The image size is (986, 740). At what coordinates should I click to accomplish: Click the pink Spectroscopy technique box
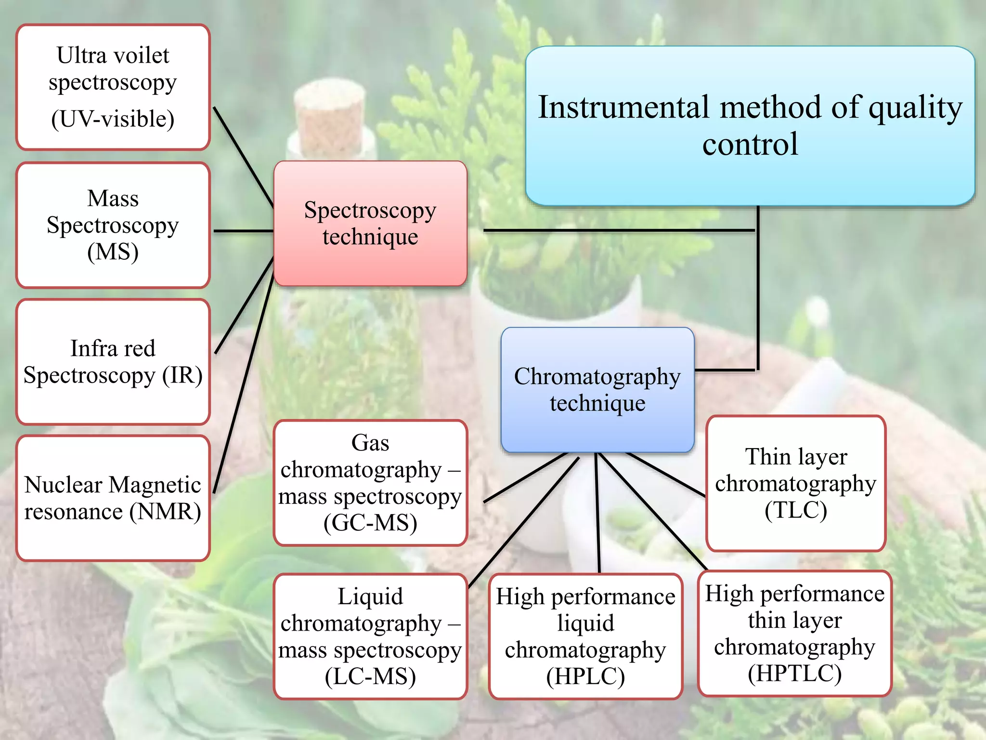click(370, 223)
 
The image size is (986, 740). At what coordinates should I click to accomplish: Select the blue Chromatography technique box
click(597, 389)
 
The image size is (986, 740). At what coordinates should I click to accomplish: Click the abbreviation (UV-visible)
click(113, 119)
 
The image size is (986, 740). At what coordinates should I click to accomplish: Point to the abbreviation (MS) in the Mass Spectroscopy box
click(113, 252)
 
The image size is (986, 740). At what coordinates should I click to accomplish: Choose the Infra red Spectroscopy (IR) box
click(113, 361)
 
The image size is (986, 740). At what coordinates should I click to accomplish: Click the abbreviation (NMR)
click(165, 512)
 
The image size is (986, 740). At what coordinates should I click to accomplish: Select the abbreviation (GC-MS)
click(370, 523)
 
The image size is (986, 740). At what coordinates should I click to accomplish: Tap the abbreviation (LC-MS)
click(370, 677)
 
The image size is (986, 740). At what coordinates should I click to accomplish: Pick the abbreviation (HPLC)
click(585, 676)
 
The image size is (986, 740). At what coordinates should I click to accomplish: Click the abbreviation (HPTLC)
click(794, 674)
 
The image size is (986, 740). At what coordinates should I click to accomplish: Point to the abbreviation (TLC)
click(795, 510)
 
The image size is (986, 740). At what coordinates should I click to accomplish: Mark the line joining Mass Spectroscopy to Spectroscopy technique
click(243, 231)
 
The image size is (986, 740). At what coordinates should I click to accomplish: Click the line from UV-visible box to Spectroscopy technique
click(243, 157)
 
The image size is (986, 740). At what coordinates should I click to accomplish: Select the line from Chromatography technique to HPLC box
click(597, 513)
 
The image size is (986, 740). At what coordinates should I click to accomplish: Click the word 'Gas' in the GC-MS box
click(370, 443)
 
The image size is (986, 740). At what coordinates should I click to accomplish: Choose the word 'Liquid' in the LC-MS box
click(370, 597)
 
